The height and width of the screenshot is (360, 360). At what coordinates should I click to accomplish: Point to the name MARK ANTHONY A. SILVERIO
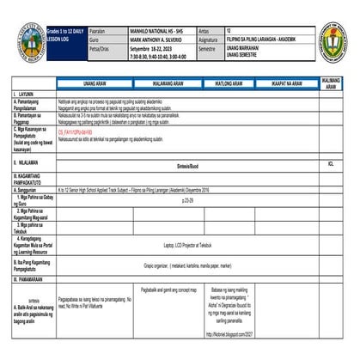tap(149, 40)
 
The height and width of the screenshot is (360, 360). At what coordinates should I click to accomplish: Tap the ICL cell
tap(331, 162)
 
